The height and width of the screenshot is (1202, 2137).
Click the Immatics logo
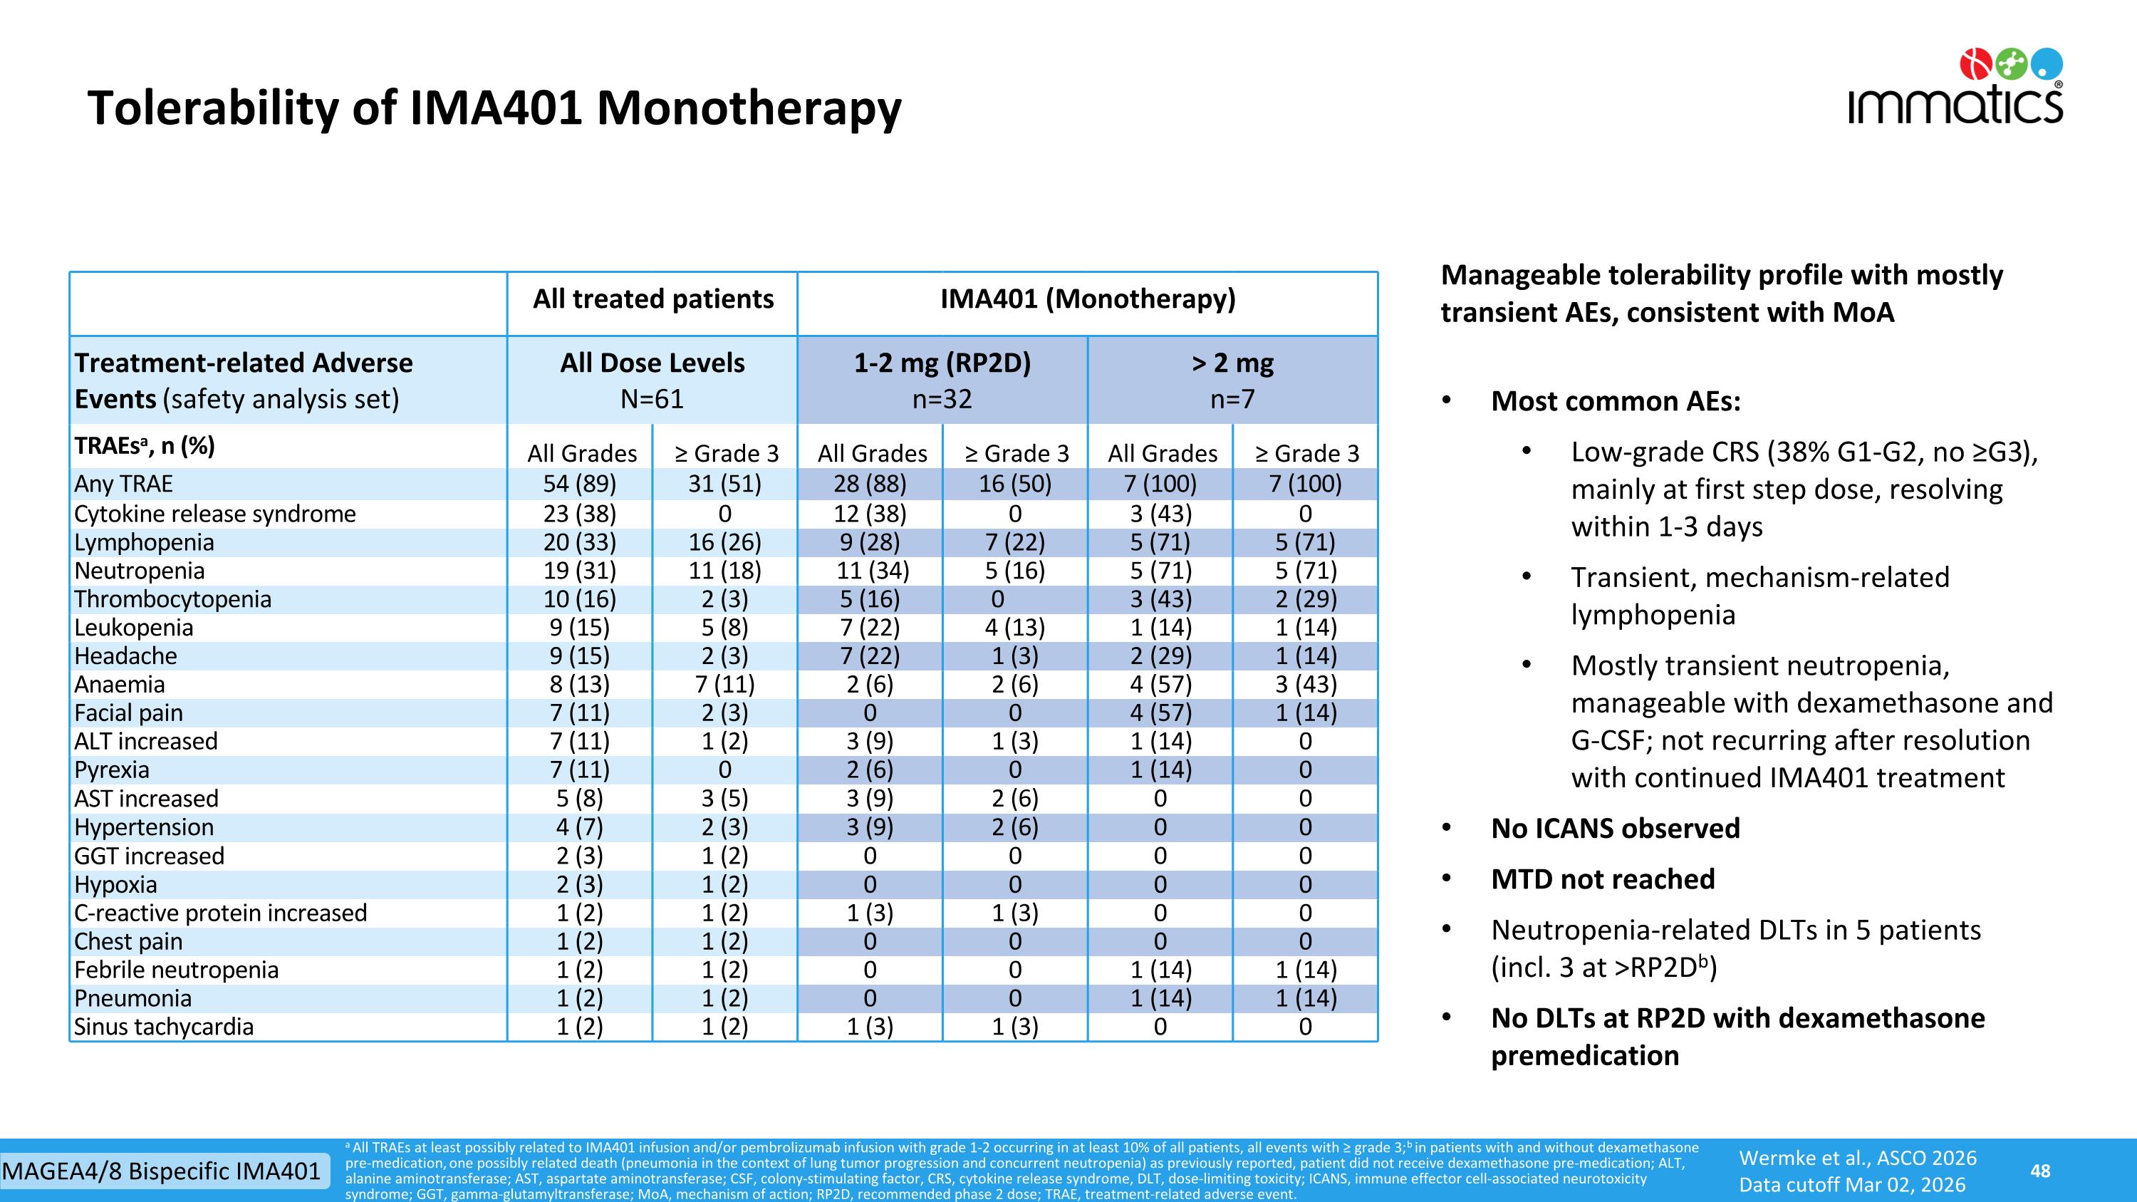point(1955,86)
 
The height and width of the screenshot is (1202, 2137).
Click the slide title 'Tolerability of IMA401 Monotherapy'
point(494,108)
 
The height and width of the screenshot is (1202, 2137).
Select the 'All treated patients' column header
point(653,299)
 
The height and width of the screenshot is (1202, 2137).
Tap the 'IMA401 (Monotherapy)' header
point(1088,299)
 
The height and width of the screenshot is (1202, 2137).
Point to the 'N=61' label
point(652,399)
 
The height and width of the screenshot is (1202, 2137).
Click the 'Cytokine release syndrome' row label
point(215,514)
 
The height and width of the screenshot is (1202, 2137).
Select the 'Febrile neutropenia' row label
point(176,970)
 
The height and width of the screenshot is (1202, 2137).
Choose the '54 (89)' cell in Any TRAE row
point(580,484)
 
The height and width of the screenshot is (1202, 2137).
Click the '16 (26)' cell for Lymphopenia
point(724,542)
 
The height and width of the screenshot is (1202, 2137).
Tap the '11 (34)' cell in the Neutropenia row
point(871,571)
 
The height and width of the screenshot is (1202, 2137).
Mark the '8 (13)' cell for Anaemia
point(580,685)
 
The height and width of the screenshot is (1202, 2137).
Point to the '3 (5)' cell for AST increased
point(724,799)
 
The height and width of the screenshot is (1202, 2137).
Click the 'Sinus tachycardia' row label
point(163,1027)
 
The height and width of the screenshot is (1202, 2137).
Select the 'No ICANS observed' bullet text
point(1615,828)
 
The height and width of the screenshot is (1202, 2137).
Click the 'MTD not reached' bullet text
point(1603,879)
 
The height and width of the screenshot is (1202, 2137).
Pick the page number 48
point(2041,1171)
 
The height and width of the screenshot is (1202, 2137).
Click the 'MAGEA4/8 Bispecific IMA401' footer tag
point(161,1171)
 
